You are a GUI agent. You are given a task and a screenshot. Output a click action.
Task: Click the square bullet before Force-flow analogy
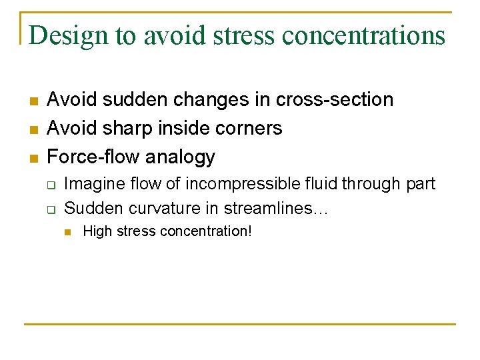[33, 158]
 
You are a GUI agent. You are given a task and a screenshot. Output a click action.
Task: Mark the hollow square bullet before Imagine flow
[51, 185]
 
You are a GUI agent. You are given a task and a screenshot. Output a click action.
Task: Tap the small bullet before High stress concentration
[68, 232]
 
